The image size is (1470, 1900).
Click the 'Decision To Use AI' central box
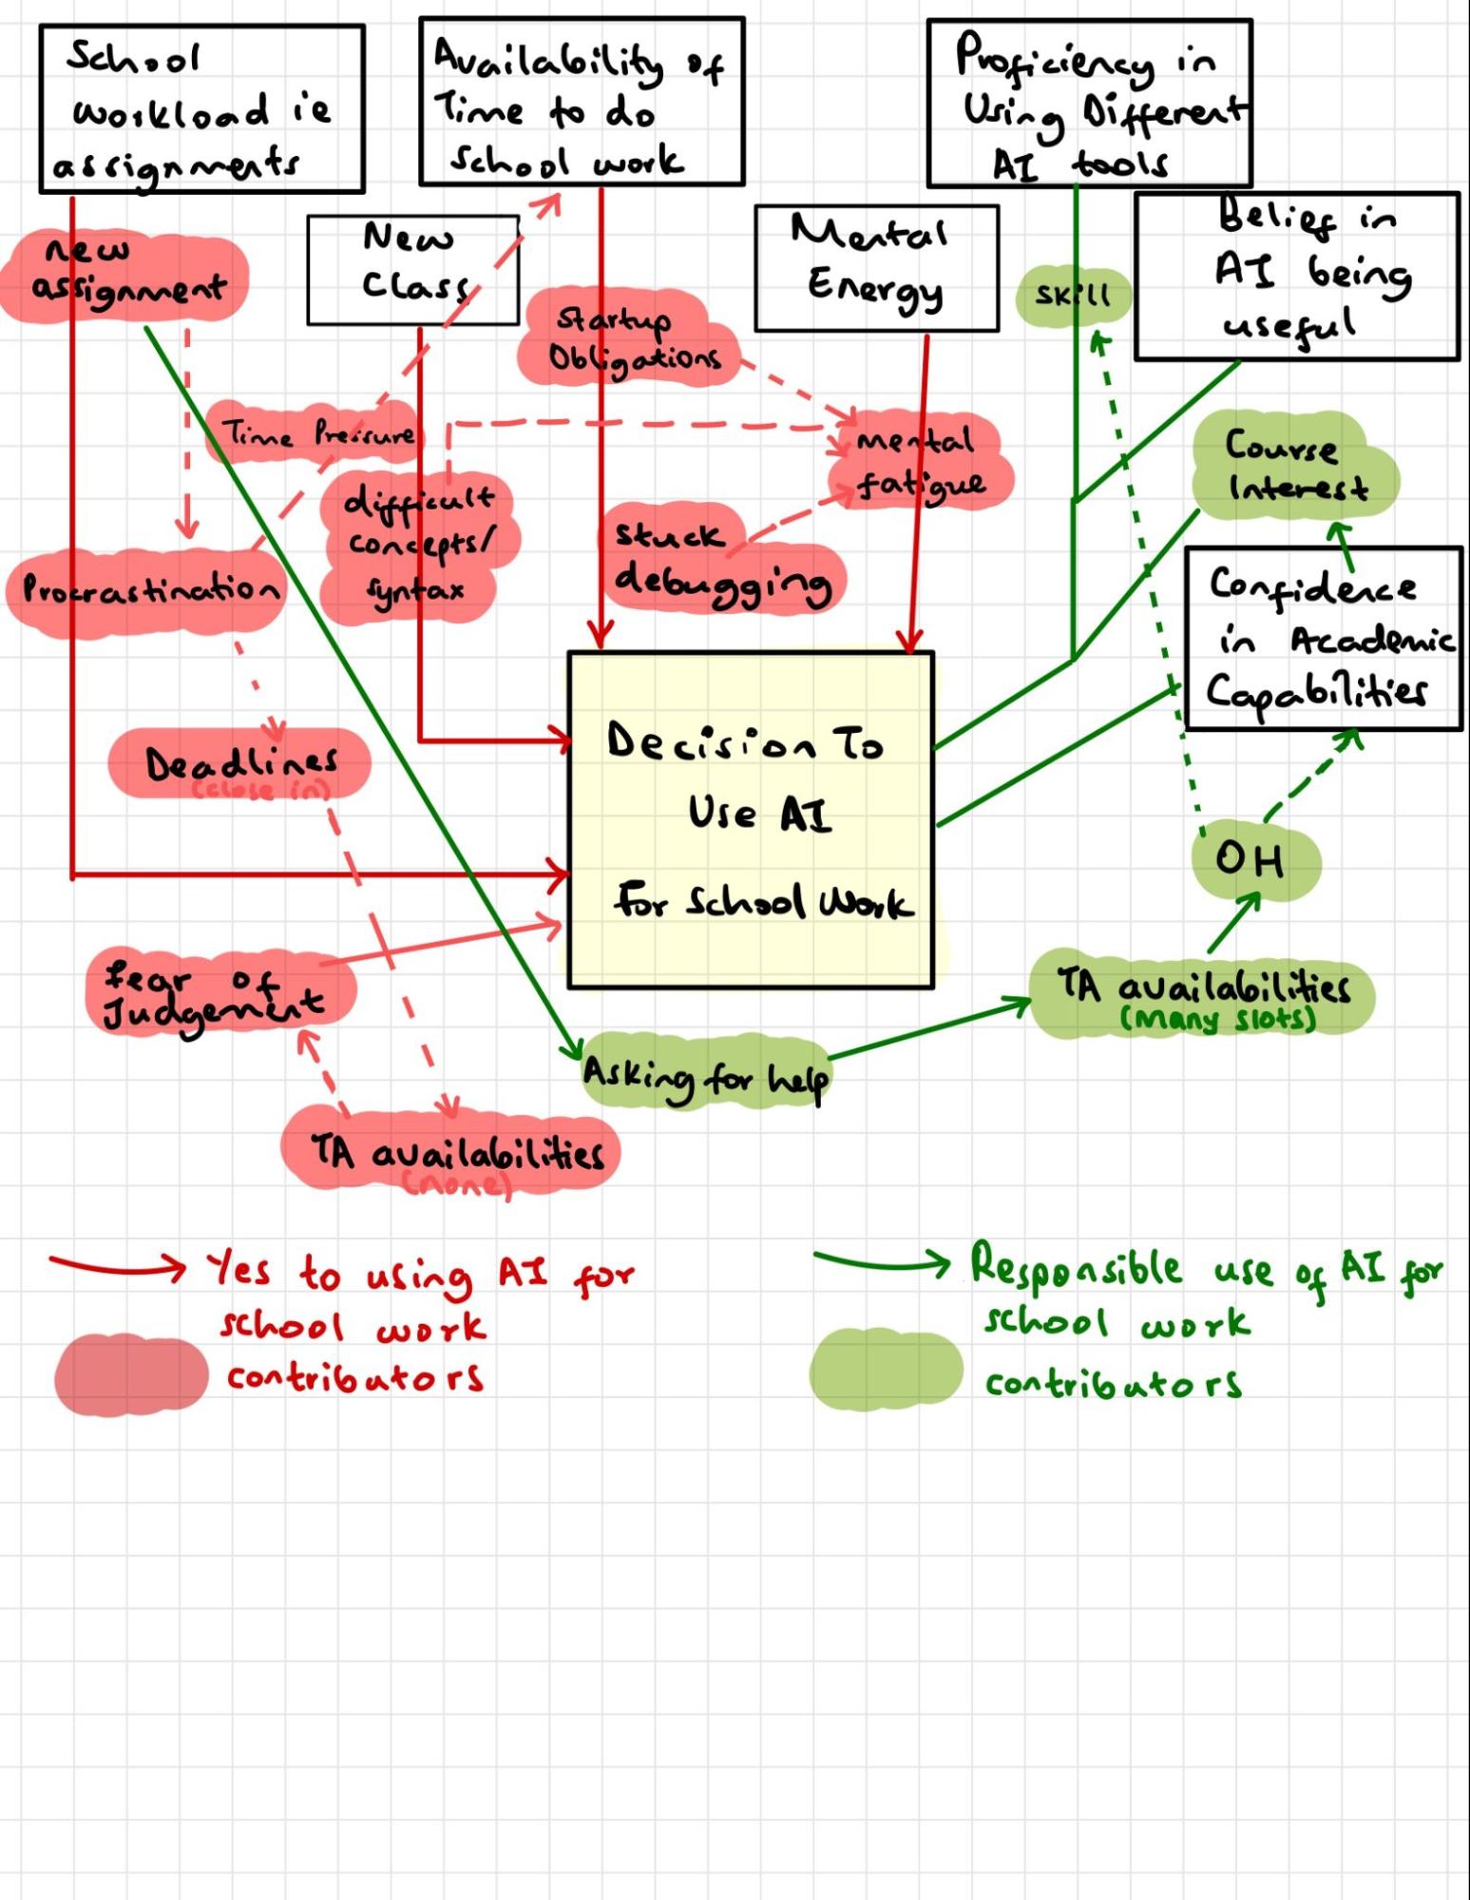[x=751, y=819]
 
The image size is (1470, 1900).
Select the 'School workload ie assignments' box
[x=201, y=109]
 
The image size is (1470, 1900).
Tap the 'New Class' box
[x=412, y=270]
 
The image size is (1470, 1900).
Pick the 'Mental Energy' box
[x=876, y=268]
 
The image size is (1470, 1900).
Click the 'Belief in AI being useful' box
[x=1296, y=277]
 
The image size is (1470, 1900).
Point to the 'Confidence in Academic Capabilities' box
[x=1323, y=639]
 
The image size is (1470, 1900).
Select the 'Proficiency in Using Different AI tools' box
[x=1089, y=103]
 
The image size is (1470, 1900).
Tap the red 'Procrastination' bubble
[x=147, y=590]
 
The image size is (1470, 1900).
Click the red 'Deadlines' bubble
[x=239, y=764]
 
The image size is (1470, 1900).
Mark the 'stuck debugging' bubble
[x=722, y=561]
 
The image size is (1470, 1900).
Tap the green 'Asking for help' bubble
[x=705, y=1077]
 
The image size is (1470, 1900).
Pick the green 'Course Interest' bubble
[x=1296, y=467]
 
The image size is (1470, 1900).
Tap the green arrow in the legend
[x=880, y=1262]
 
